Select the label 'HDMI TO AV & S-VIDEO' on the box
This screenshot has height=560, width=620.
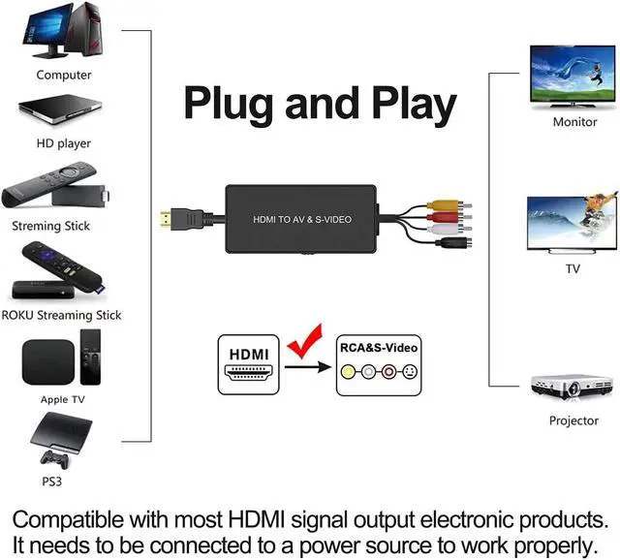[x=302, y=220]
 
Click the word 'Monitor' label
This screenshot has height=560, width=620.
[x=574, y=123]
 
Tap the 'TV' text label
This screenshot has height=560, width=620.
[x=573, y=268]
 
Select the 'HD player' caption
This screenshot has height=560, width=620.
[x=63, y=143]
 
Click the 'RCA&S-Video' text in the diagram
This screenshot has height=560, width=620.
[x=380, y=346]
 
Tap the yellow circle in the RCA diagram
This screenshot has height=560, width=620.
[x=348, y=371]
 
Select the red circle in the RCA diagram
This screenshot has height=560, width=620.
[x=388, y=371]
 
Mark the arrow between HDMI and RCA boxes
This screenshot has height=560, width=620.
[x=309, y=366]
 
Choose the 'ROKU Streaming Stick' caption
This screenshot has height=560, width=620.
[x=61, y=315]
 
